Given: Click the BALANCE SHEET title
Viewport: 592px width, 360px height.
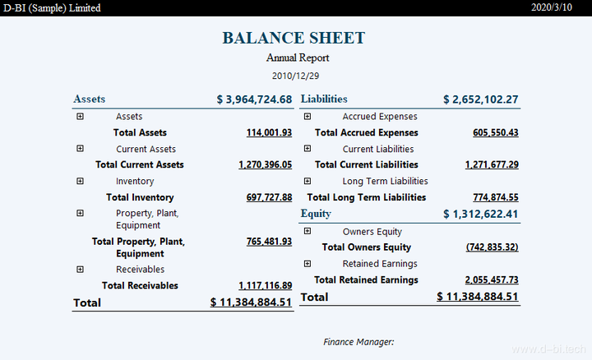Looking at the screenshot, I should click(294, 38).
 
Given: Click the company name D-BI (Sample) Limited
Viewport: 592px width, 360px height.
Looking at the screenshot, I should click(53, 7).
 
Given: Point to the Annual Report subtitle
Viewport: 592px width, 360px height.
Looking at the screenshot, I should click(297, 58).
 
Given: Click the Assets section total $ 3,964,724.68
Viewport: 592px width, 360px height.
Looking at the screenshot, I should click(254, 99).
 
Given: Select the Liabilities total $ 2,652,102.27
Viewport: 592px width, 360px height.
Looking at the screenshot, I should click(480, 99).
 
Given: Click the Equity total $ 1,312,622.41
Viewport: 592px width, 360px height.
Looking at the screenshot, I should click(480, 215).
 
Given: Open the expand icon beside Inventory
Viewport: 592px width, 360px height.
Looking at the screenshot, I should click(80, 181).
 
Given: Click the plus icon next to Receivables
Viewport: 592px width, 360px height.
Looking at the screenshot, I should click(80, 269).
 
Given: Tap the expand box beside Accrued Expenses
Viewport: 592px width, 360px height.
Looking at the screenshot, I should click(308, 117).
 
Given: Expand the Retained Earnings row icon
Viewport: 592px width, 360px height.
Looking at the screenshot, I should click(308, 264).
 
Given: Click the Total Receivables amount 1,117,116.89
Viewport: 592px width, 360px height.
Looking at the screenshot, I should click(265, 286).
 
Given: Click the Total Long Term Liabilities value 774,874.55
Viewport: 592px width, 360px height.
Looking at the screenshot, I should click(491, 197).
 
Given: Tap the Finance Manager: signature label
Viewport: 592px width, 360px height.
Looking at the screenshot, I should click(358, 341).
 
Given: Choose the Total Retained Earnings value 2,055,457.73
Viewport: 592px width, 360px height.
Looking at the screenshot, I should click(491, 280).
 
